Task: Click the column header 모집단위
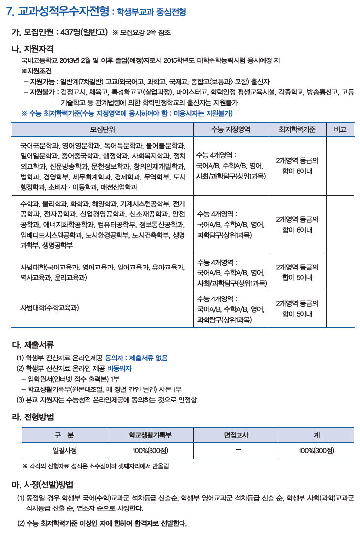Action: coord(102,129)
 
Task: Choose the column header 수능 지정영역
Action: coord(231,129)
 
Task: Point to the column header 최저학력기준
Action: coord(297,129)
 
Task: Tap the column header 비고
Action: coord(340,129)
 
